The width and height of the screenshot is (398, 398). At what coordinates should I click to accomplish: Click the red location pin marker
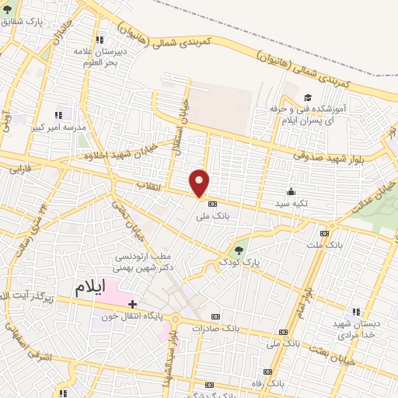tap(201, 183)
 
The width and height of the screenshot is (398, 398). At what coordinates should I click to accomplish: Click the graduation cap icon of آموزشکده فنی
tap(307, 97)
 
